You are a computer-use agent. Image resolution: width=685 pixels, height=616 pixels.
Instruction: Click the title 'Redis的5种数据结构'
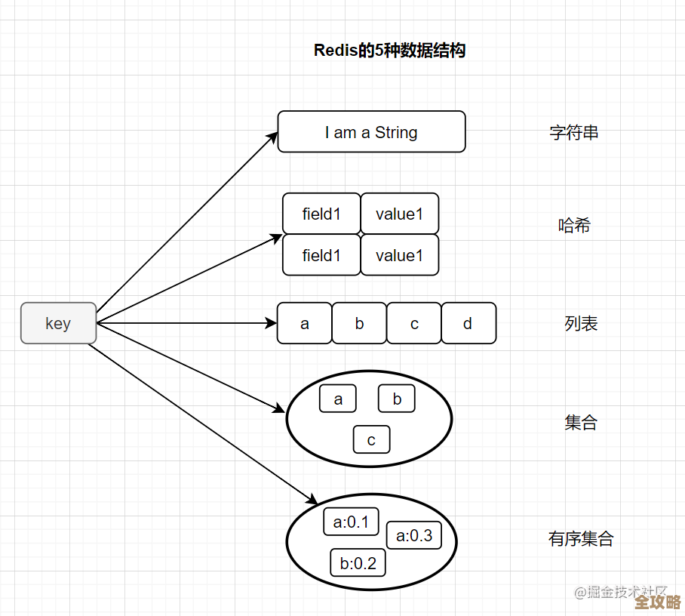point(389,51)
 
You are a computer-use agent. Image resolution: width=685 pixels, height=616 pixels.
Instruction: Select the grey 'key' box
point(58,323)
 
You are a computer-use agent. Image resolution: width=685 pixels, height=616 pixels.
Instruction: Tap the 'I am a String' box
point(371,132)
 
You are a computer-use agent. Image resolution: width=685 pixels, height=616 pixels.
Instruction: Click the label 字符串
point(573,133)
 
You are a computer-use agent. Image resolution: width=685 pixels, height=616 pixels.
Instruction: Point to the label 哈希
point(573,225)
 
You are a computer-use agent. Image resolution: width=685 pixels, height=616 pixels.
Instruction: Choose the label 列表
point(581,324)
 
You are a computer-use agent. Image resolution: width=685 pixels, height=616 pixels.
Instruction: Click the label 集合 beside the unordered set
point(580,423)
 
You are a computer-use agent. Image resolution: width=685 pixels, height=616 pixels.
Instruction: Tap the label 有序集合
point(581,539)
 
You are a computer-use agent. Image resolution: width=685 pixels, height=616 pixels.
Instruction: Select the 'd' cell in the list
point(468,323)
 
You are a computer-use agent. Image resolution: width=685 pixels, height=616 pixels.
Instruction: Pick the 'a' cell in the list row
point(304,323)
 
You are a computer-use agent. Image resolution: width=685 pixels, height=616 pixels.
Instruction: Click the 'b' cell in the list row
point(359,323)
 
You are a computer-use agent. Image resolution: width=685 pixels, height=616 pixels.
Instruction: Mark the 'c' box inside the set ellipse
point(371,440)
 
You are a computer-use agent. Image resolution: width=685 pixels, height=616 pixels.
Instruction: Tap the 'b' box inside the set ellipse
point(397,399)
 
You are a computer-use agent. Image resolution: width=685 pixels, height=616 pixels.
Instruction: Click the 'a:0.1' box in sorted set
point(351,522)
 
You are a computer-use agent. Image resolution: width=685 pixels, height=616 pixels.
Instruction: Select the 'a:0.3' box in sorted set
point(414,535)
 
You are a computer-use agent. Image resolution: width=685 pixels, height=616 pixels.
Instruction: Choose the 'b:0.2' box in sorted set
point(358,562)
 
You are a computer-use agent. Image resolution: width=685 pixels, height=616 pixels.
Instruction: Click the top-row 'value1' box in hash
point(399,214)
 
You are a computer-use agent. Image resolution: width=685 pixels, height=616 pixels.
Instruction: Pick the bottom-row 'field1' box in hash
point(321,255)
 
